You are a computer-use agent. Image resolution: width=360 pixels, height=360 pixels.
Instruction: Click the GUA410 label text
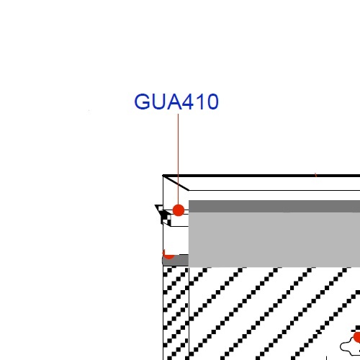tap(176, 102)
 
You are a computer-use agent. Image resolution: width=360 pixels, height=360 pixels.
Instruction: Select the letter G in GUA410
tap(142, 102)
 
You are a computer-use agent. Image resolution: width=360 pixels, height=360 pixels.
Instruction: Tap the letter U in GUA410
tap(158, 102)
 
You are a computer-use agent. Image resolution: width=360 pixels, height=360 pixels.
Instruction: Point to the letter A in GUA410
tap(174, 102)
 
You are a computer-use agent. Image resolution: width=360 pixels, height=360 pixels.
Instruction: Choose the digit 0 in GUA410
tap(212, 102)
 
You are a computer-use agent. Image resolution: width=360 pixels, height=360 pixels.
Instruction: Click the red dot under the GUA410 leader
tap(179, 210)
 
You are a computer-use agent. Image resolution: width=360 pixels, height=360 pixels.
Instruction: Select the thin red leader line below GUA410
tap(178, 159)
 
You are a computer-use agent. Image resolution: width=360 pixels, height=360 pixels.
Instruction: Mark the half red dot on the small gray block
tap(168, 255)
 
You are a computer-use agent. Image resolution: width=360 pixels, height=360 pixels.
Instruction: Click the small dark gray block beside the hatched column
tap(176, 260)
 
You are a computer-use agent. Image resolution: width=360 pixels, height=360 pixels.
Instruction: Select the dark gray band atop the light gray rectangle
tap(274, 206)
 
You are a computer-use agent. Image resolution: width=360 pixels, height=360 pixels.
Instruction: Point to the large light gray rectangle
tap(274, 240)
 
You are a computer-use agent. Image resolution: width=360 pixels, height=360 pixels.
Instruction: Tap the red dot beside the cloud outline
tap(357, 337)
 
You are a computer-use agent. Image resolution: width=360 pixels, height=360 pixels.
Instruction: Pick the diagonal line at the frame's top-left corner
tap(176, 183)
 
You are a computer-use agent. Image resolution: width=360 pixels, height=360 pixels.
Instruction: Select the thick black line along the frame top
tap(261, 176)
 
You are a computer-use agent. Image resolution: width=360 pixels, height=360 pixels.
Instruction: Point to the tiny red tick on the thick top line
tap(316, 175)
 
